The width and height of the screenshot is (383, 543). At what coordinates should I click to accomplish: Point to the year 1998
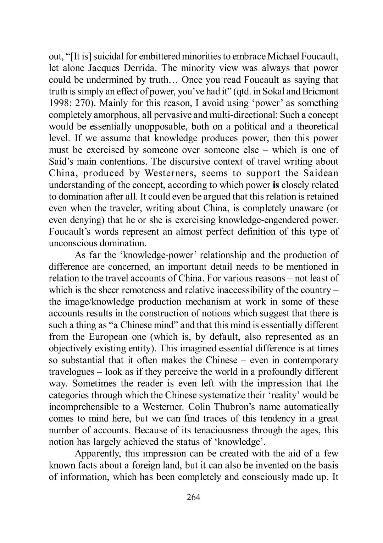[x=59, y=103]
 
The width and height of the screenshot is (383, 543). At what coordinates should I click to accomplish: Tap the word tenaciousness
[x=222, y=430]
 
